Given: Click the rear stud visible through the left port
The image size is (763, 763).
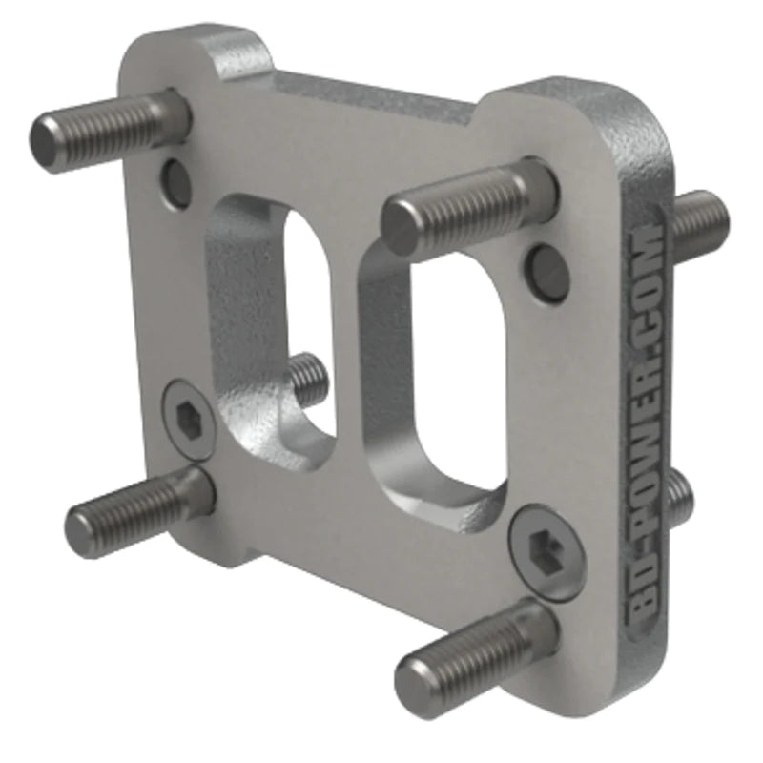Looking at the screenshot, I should pyautogui.click(x=308, y=377).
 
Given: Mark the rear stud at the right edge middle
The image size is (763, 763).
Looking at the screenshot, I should pyautogui.click(x=679, y=496).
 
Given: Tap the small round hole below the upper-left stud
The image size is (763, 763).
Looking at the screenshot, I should pyautogui.click(x=176, y=183).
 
